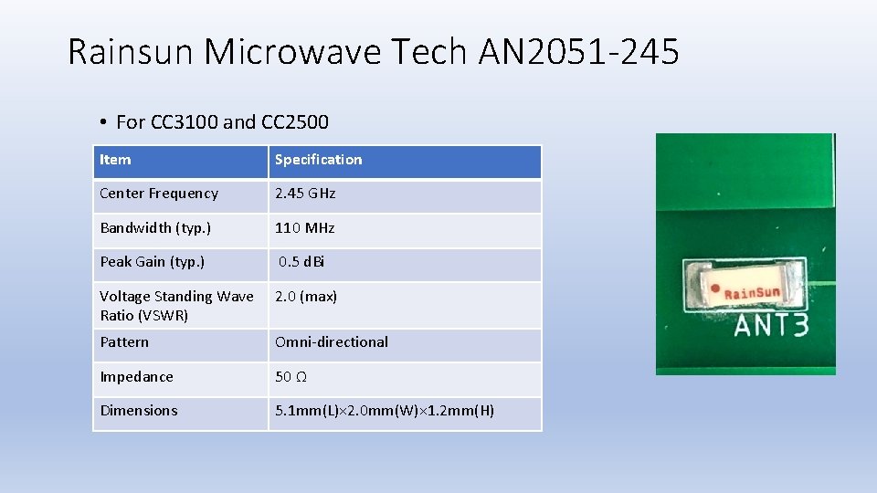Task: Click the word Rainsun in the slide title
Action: pos(132,52)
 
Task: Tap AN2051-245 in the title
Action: pos(578,52)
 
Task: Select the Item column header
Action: pos(115,160)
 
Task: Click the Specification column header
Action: pos(318,160)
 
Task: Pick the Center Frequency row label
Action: pos(159,194)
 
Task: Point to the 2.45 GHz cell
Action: pos(305,194)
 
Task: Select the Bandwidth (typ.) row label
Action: pos(154,227)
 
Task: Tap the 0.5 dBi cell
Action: pos(301,262)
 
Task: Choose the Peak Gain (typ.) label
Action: pos(153,262)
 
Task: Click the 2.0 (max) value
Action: pos(306,296)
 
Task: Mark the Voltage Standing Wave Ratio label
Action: pos(176,306)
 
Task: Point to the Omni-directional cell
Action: pos(332,342)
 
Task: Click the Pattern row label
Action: pos(124,342)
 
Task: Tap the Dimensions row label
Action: pos(139,411)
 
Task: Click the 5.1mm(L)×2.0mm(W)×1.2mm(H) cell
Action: pos(385,411)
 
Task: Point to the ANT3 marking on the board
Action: pos(771,324)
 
